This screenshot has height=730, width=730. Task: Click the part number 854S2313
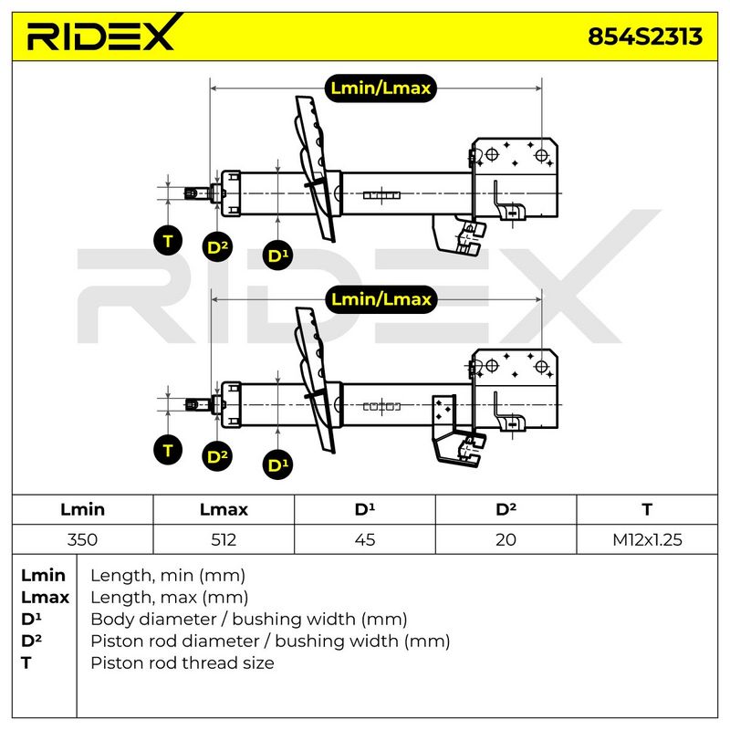pyautogui.click(x=645, y=36)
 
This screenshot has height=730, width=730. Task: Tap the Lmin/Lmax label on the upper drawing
pyautogui.click(x=381, y=88)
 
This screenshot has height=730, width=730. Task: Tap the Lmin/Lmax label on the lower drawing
pyautogui.click(x=381, y=299)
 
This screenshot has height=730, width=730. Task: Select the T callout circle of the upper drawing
pyautogui.click(x=168, y=240)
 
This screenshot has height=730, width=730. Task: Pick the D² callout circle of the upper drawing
pyautogui.click(x=217, y=246)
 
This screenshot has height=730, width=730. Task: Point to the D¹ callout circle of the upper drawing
pyautogui.click(x=278, y=255)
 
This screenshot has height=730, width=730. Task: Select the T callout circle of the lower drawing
pyautogui.click(x=168, y=450)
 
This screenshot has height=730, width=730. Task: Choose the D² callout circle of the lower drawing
pyautogui.click(x=217, y=456)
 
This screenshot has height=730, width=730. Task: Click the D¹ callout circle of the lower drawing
pyautogui.click(x=278, y=464)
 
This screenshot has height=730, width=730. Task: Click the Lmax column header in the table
pyautogui.click(x=224, y=509)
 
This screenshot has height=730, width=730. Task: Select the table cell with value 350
pyautogui.click(x=82, y=539)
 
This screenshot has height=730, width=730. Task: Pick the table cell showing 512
pyautogui.click(x=224, y=539)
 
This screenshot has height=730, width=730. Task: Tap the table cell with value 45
pyautogui.click(x=364, y=539)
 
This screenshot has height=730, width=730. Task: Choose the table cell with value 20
pyautogui.click(x=506, y=539)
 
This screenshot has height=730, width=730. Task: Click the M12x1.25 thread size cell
pyautogui.click(x=647, y=539)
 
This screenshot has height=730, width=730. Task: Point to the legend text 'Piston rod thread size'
pyautogui.click(x=182, y=663)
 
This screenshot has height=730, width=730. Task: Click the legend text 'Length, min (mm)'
pyautogui.click(x=168, y=576)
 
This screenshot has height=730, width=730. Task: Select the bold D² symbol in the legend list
pyautogui.click(x=31, y=641)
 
